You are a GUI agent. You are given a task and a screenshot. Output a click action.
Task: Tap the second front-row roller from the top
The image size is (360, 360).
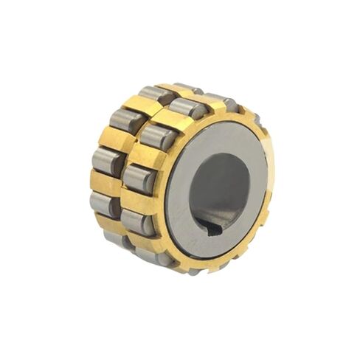pyautogui.click(x=156, y=136)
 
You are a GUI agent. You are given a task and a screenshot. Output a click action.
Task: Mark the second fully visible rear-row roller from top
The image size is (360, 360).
pyautogui.click(x=122, y=120)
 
